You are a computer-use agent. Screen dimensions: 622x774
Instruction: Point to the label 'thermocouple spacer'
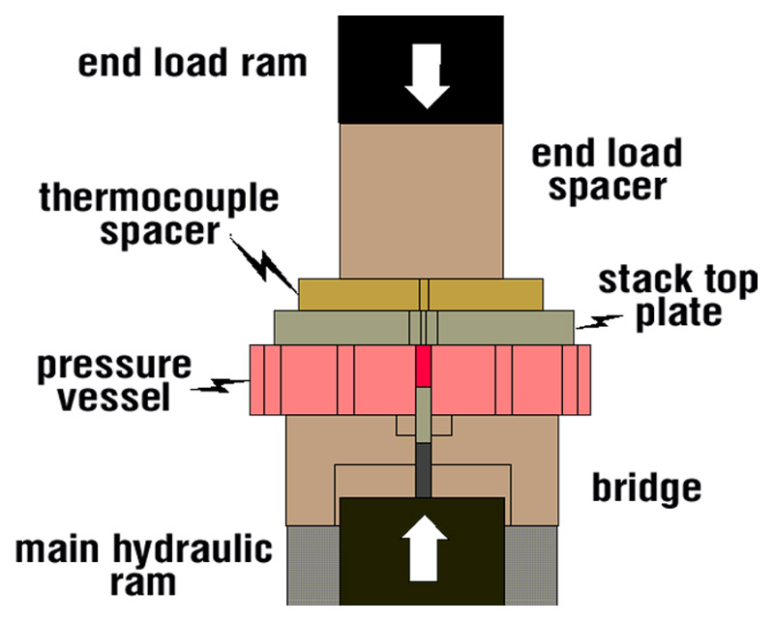(x=159, y=217)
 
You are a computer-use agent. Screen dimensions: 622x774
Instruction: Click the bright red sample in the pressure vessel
(x=422, y=367)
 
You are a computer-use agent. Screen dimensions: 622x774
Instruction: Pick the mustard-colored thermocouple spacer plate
(x=358, y=293)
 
